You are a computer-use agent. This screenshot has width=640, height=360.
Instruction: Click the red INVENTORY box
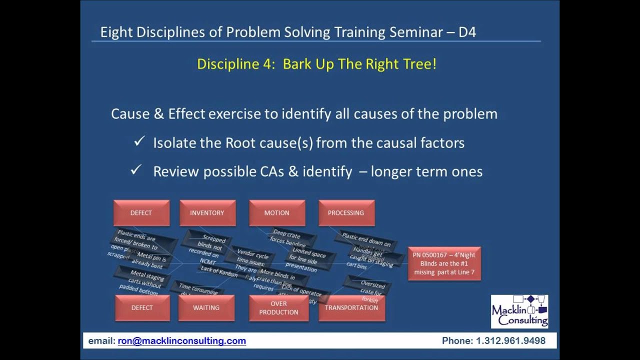click(x=207, y=213)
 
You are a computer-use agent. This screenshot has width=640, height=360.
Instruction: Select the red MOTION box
click(x=277, y=213)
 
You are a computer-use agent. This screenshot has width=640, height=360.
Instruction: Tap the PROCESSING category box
click(x=346, y=213)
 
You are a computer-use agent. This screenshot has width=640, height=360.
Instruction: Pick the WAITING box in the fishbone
click(x=206, y=307)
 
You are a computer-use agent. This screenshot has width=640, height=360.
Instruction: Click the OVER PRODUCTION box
click(x=278, y=307)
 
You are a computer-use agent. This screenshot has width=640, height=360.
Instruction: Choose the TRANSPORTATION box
click(x=351, y=307)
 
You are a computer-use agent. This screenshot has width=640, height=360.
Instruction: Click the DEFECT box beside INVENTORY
click(x=141, y=213)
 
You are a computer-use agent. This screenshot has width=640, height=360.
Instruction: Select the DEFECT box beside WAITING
click(x=142, y=307)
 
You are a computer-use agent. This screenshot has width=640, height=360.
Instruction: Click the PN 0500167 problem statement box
click(x=444, y=263)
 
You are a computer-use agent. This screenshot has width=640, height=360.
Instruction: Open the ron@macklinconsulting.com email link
click(x=181, y=341)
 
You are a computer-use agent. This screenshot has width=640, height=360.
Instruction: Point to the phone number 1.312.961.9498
click(x=510, y=341)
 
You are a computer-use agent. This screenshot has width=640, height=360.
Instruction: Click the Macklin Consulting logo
click(x=519, y=311)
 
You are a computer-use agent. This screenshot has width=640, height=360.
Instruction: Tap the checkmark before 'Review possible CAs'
click(x=135, y=171)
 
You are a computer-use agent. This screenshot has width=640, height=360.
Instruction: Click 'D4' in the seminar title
click(x=467, y=32)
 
